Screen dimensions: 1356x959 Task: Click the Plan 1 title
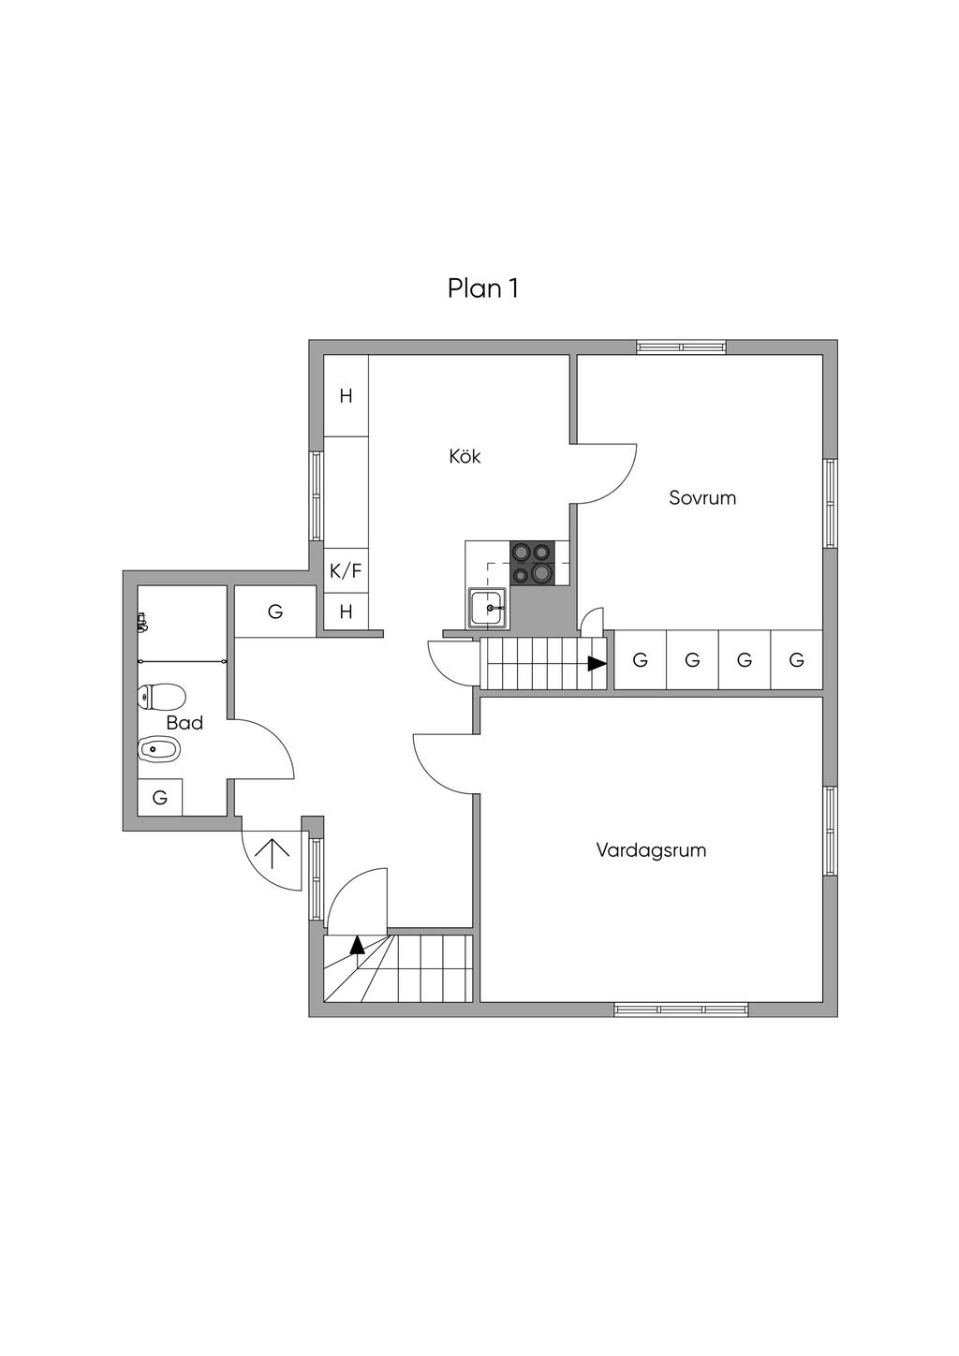482,288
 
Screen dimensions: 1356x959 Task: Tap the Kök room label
465,457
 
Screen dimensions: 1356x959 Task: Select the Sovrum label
701,498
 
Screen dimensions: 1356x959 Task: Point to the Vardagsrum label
651,850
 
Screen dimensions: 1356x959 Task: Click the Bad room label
184,723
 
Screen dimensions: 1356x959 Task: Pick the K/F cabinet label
346,570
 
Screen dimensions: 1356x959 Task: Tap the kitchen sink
488,607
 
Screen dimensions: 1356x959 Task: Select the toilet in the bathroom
160,697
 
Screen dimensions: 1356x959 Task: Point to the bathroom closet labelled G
160,798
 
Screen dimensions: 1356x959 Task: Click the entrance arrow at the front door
272,853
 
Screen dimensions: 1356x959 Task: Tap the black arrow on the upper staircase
597,663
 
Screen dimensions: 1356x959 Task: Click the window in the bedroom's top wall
681,346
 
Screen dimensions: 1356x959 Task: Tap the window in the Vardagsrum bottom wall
681,1010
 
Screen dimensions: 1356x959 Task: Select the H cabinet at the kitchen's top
346,396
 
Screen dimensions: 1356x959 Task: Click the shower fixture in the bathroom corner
142,622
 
